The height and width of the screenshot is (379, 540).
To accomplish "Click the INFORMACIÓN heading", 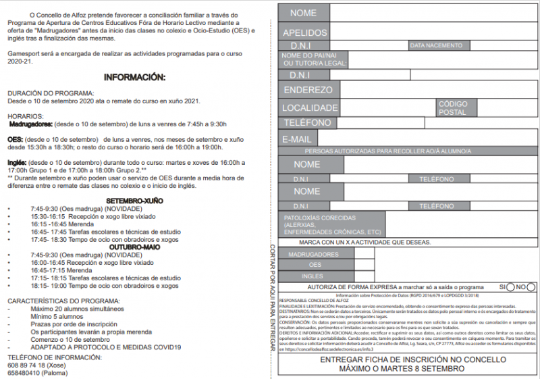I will click(x=134, y=78).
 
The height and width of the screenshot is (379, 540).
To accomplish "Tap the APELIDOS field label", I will click(x=304, y=32).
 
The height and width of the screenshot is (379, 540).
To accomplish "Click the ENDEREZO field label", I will click(x=308, y=90).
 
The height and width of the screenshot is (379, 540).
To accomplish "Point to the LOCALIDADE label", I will click(x=310, y=107).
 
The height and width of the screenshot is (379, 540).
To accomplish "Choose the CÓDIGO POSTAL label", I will click(x=452, y=108).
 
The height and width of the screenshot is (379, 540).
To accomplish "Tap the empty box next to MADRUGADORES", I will click(x=364, y=254).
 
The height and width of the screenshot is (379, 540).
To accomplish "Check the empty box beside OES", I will click(x=364, y=265).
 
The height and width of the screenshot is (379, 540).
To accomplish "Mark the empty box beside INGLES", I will click(x=364, y=276).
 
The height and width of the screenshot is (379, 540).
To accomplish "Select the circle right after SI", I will click(x=511, y=287).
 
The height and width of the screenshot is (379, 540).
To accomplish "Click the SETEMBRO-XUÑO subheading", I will click(x=135, y=201).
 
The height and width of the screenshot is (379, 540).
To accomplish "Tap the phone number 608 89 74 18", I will click(x=28, y=365).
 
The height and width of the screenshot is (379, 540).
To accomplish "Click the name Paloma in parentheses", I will click(x=56, y=372).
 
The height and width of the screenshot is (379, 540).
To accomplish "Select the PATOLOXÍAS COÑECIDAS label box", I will click(x=331, y=224).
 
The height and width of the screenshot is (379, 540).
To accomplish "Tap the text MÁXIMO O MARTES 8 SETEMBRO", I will click(x=402, y=369).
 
